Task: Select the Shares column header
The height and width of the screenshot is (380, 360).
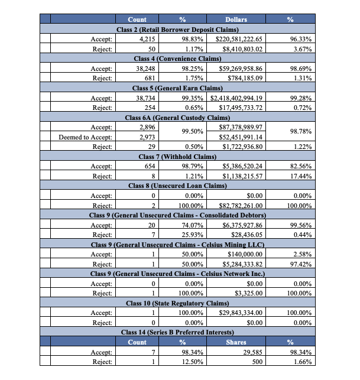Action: [236, 342]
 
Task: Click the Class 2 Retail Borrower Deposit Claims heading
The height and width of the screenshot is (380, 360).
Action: [179, 29]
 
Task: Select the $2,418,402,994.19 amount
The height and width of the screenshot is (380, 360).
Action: [236, 98]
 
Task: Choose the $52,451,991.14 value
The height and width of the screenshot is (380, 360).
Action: [241, 137]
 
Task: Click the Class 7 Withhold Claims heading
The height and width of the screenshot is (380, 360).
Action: [179, 157]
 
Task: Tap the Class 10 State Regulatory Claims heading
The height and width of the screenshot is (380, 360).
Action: [179, 303]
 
